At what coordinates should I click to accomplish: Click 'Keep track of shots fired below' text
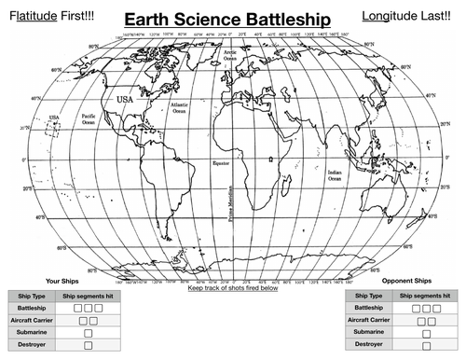pyautogui.click(x=233, y=288)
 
